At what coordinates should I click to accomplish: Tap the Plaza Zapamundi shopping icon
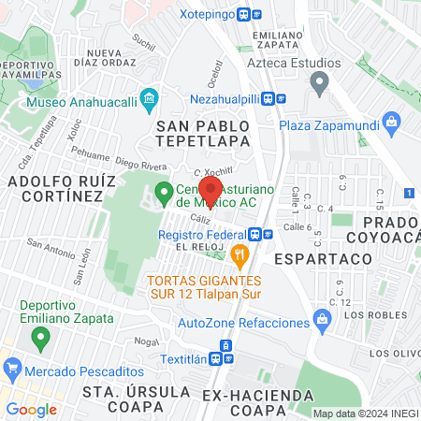[x=393, y=121]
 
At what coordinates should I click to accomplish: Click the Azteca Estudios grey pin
[x=320, y=84]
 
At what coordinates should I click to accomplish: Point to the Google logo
[x=31, y=409]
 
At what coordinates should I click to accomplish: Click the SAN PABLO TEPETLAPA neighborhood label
[x=204, y=133]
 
